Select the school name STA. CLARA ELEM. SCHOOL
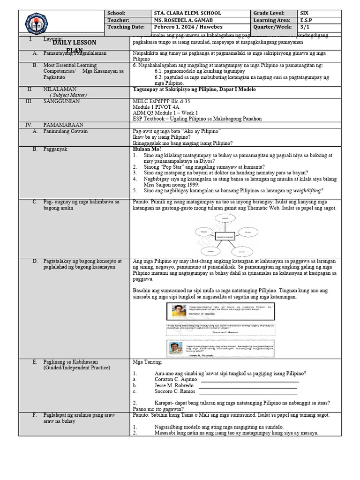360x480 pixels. point(184,13)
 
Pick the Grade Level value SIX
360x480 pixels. point(307,13)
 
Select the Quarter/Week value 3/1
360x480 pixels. point(306,27)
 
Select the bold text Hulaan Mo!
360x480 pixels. point(147,149)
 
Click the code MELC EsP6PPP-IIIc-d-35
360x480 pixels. point(162,101)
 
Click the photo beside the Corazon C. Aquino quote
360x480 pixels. point(178,310)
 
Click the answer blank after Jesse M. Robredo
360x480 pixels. point(248,386)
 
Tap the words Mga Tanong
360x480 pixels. point(147,362)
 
